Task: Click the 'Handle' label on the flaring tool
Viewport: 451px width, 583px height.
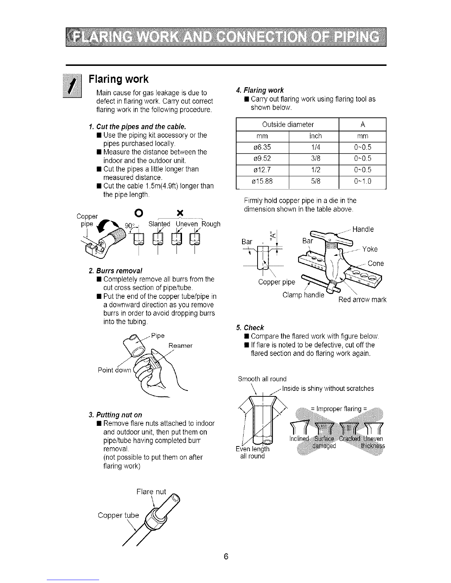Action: tap(363, 230)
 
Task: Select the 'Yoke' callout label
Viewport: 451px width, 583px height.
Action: tap(370, 249)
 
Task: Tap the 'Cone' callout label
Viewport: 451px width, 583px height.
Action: tap(376, 264)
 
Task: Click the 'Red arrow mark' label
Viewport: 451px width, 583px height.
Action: tap(362, 300)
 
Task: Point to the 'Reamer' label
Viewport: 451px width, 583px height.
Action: tap(180, 346)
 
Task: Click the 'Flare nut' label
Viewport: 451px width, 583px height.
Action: tap(151, 492)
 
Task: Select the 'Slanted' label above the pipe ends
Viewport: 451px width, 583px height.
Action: tap(159, 224)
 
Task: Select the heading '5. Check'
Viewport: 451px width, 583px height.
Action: tap(250, 328)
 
